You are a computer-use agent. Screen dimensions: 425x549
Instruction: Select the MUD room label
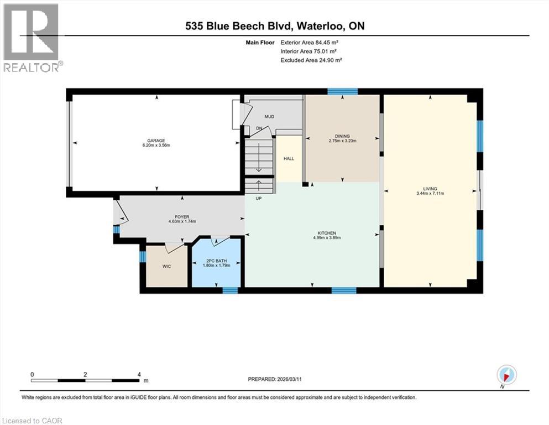[269, 117]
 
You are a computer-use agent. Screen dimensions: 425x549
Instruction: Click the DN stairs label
[259, 129]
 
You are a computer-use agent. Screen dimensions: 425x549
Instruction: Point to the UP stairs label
[258, 198]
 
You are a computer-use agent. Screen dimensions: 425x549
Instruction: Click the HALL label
[289, 159]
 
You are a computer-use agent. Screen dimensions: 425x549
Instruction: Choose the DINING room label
[342, 136]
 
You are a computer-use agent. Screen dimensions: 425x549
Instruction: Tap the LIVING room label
[430, 188]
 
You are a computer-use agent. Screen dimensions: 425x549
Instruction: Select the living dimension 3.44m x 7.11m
[430, 194]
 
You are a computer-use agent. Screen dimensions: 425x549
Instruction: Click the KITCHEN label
[327, 233]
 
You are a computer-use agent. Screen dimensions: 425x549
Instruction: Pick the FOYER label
[182, 217]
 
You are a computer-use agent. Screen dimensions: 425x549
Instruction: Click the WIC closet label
[166, 267]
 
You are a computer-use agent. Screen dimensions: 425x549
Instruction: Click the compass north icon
[506, 374]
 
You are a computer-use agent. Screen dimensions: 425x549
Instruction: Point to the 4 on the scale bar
[139, 375]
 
